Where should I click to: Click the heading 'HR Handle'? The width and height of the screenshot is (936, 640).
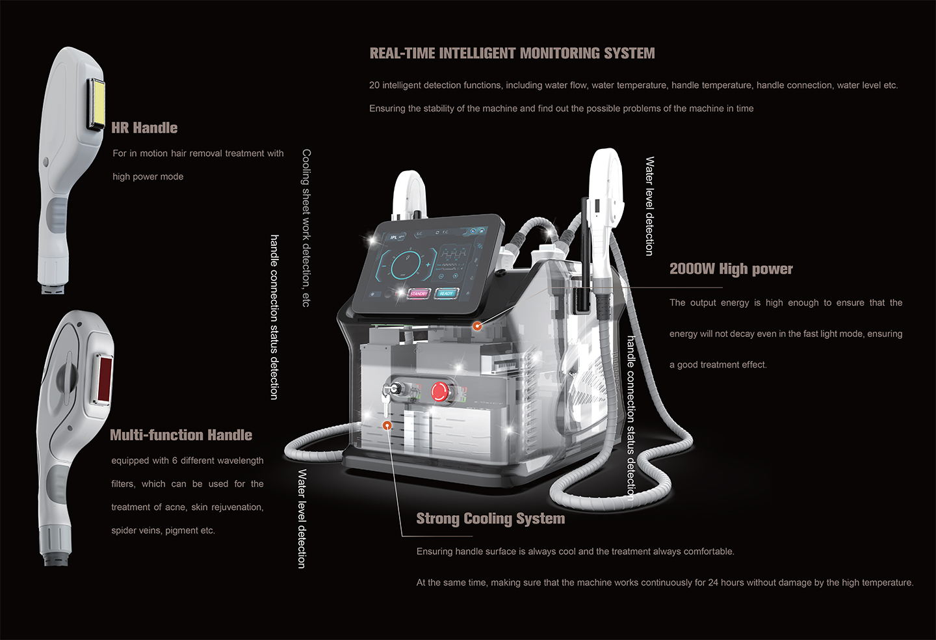point(144,128)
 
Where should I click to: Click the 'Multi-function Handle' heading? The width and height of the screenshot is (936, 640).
point(181,435)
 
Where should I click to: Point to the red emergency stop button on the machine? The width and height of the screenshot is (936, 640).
point(440,392)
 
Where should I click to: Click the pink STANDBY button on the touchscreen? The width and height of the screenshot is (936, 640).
point(419,293)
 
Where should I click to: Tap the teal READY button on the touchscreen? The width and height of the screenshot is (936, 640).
point(446,293)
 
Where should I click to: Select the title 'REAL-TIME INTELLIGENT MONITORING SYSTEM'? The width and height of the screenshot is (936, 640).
point(512,53)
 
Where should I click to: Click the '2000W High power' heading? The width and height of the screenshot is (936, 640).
point(731,269)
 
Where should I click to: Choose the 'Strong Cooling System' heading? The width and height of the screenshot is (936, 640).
point(490,519)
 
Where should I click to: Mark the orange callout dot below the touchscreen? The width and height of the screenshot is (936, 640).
point(477,326)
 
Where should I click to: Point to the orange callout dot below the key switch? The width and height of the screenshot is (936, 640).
point(387,425)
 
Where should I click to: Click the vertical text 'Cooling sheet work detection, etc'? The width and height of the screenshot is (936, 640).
point(306,228)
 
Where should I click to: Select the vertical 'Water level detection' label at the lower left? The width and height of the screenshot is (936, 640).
point(302,518)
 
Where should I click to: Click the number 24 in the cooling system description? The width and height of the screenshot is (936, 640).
point(714,583)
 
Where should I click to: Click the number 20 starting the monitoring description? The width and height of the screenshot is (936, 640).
point(374,85)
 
